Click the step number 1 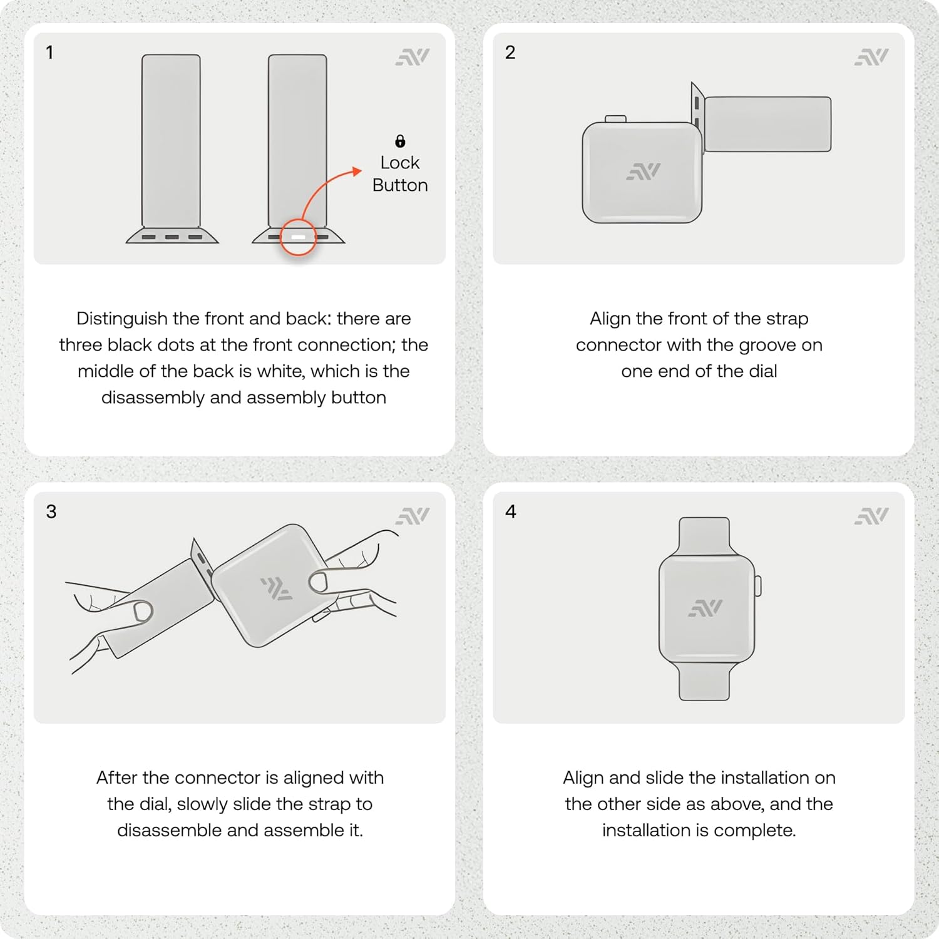(49, 53)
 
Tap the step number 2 (510, 53)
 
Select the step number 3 (51, 511)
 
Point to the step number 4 (511, 511)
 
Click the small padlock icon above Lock (400, 141)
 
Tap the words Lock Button (400, 174)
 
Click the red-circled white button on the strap (298, 237)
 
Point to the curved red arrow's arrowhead (357, 171)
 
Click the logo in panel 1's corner (413, 57)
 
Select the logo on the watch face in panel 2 (643, 172)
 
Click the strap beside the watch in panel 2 (767, 124)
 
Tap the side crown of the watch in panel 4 (758, 586)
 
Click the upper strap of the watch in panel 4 (704, 536)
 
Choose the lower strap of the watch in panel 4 (704, 681)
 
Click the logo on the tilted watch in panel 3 (276, 588)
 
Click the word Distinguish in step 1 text (122, 319)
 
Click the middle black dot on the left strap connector (172, 237)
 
